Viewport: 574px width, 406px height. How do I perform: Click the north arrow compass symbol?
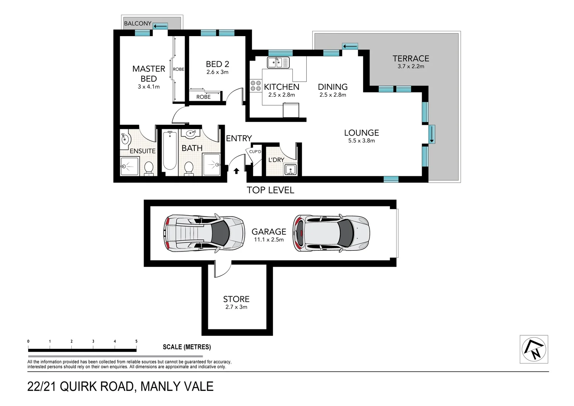tap(533, 349)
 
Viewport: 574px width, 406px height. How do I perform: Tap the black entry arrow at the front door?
tap(236, 171)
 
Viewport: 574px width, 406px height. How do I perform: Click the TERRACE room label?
tap(410, 59)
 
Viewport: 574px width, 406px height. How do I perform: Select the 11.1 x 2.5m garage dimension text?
tap(269, 240)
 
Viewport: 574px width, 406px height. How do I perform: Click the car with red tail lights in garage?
tap(331, 233)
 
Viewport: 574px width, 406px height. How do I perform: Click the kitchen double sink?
tap(278, 62)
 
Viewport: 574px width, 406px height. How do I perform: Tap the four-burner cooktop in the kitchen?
tap(256, 86)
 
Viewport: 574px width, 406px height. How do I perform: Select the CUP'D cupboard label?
tap(255, 152)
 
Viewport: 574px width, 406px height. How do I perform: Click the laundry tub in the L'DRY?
tap(290, 170)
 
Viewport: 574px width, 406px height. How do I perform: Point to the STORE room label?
tap(236, 299)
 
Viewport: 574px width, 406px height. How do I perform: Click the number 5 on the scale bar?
tap(136, 341)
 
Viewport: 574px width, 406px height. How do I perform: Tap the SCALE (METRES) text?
tap(186, 347)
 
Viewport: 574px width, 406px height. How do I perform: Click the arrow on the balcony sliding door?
tap(161, 26)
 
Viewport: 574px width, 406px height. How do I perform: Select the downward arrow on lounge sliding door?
tap(432, 134)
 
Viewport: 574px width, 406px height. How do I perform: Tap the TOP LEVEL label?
tap(270, 190)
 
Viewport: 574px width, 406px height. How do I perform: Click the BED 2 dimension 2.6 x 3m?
tap(217, 72)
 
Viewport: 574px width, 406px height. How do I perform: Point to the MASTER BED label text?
tap(148, 74)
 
